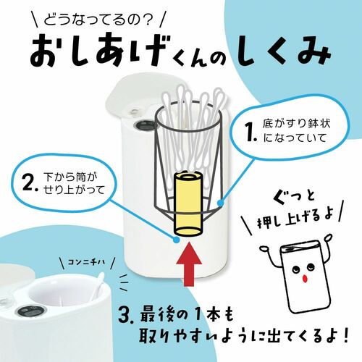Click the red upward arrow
click(x=189, y=264)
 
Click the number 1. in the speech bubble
click(x=252, y=132)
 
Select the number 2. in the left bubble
click(x=30, y=182)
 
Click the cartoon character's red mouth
click(x=306, y=278)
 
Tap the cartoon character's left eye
click(x=295, y=269)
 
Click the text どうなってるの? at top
click(x=98, y=20)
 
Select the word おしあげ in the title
click(x=96, y=51)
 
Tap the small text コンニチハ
click(x=86, y=262)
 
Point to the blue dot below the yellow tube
click(x=177, y=240)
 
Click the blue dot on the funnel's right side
click(x=221, y=203)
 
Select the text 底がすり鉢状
click(x=297, y=124)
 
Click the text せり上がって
click(x=75, y=190)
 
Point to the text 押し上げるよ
click(x=296, y=217)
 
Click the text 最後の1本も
click(x=187, y=316)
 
